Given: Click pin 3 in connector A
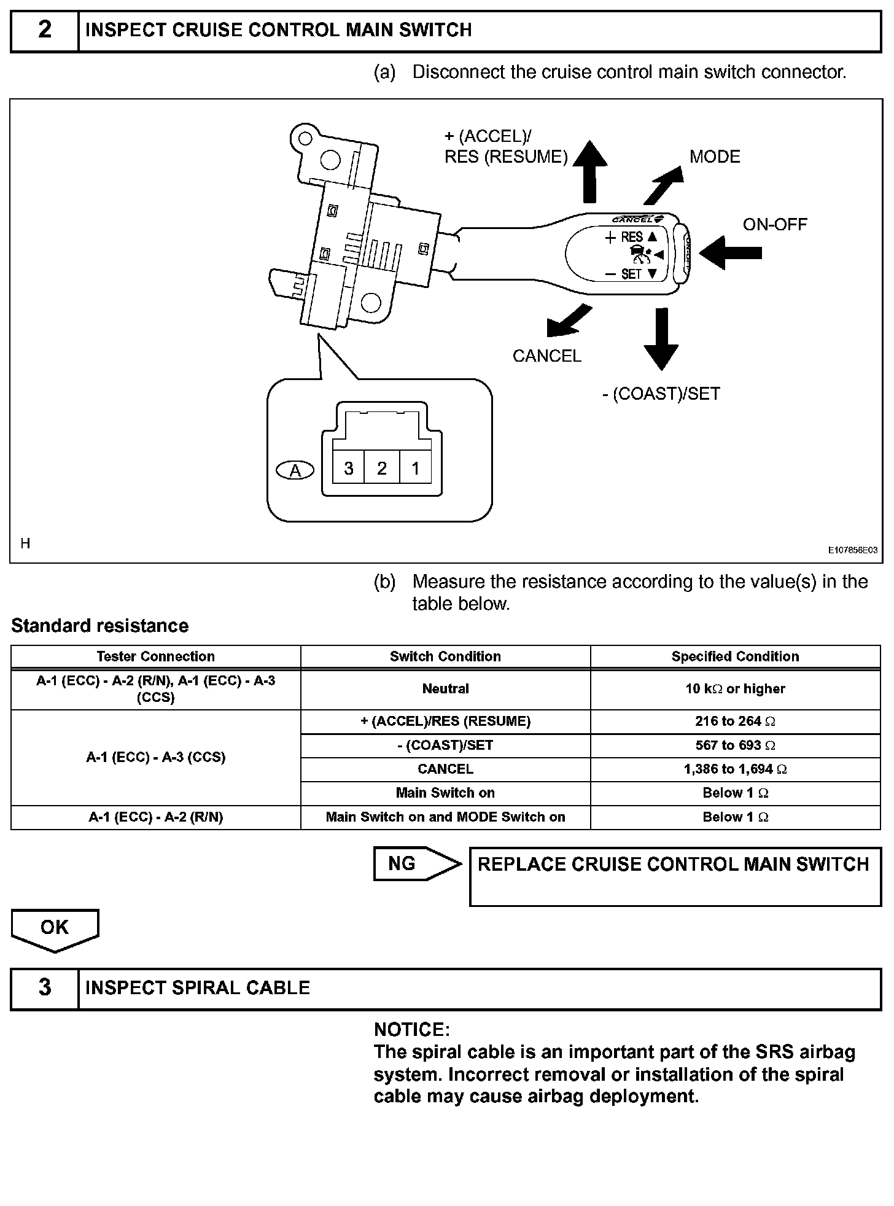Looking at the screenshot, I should (349, 469).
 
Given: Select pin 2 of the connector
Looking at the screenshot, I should (382, 469).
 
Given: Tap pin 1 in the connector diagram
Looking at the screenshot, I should (416, 469).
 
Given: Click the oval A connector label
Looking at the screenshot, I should (295, 470).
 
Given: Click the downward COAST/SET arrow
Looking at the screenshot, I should (661, 338).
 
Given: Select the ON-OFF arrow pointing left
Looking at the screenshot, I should (730, 253).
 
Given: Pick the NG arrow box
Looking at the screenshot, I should (416, 863).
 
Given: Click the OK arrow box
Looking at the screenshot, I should (55, 929).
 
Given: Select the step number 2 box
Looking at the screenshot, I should (45, 30).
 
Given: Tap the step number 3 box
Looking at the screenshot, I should (45, 987).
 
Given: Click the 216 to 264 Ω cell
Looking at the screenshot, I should (735, 722).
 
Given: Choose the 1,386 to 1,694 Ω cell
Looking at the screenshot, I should (735, 769).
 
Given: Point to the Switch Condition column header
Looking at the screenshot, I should (445, 656).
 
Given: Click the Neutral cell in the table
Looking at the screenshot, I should (445, 689).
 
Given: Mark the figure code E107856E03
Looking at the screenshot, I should (853, 550).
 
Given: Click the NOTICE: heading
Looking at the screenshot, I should (412, 1029).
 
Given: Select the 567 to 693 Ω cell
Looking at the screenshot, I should (735, 745).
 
